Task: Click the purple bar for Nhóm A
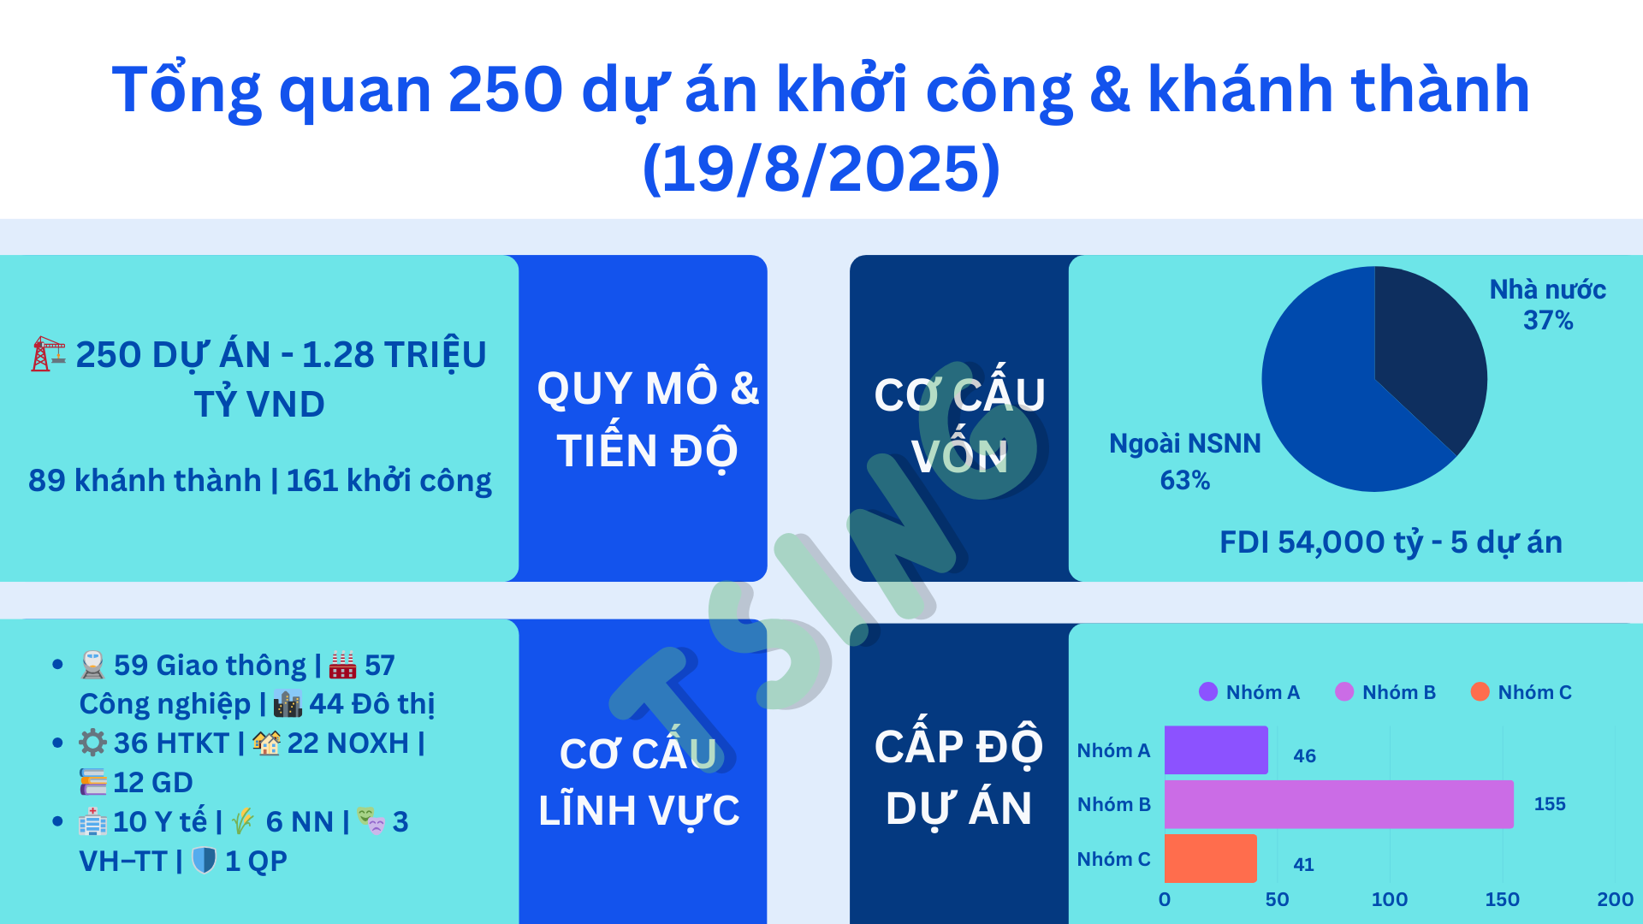[1216, 750]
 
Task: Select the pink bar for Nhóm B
[1339, 804]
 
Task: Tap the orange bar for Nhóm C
[1211, 858]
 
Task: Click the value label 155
[1550, 804]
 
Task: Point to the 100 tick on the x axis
[1390, 899]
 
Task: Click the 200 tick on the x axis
[1615, 899]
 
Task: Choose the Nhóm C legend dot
[1480, 691]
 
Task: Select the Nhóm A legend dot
[1208, 691]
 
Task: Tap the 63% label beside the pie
[1185, 481]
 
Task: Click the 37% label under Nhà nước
[1548, 321]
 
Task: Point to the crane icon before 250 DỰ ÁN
[48, 353]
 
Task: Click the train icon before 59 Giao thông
[92, 665]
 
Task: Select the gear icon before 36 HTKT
[92, 743]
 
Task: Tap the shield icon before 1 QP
[204, 860]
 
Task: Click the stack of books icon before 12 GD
[92, 782]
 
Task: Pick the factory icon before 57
[342, 665]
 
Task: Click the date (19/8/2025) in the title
[821, 168]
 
